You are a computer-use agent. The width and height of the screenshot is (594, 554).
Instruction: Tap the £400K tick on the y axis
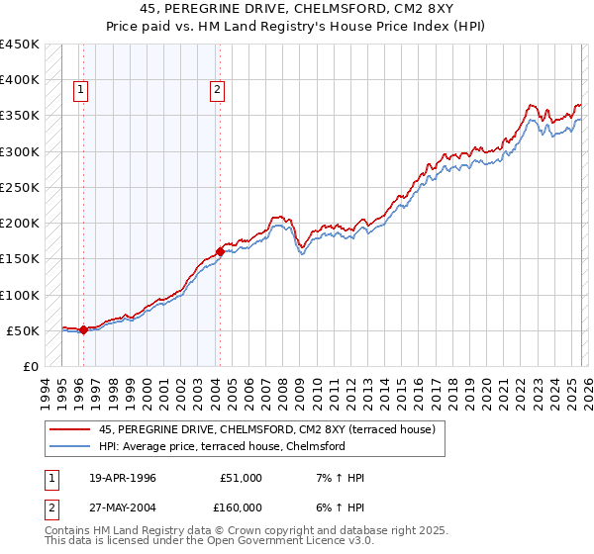pyautogui.click(x=20, y=80)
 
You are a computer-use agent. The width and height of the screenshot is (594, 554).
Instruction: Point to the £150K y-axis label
pyautogui.click(x=20, y=259)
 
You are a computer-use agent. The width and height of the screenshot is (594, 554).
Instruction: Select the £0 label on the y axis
pyautogui.click(x=31, y=367)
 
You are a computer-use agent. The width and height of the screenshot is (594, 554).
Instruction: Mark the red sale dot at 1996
pyautogui.click(x=83, y=330)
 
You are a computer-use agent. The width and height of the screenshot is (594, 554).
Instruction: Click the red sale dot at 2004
pyautogui.click(x=220, y=252)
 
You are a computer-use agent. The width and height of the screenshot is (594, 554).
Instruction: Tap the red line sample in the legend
pyautogui.click(x=69, y=430)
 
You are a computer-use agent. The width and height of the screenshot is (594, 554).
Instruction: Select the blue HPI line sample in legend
pyautogui.click(x=69, y=446)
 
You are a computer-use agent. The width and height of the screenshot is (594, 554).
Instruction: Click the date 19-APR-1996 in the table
pyautogui.click(x=122, y=478)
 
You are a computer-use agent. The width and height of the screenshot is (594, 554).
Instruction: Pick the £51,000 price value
pyautogui.click(x=242, y=478)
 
